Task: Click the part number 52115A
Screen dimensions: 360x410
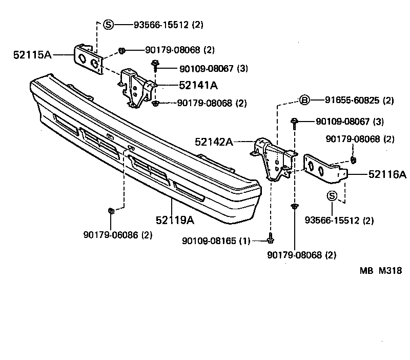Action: pyautogui.click(x=32, y=54)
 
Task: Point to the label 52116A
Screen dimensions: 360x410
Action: pyautogui.click(x=387, y=175)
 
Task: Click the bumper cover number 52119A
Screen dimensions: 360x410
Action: pyautogui.click(x=175, y=220)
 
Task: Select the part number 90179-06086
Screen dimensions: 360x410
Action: pyautogui.click(x=111, y=235)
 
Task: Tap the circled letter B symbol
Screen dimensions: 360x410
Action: pyautogui.click(x=304, y=100)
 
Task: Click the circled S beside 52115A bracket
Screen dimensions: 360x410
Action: pyautogui.click(x=108, y=24)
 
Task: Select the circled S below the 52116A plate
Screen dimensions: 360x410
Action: pyautogui.click(x=332, y=195)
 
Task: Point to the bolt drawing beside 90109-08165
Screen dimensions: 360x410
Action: pyautogui.click(x=271, y=238)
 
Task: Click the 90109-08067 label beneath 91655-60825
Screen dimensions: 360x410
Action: pyautogui.click(x=342, y=122)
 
